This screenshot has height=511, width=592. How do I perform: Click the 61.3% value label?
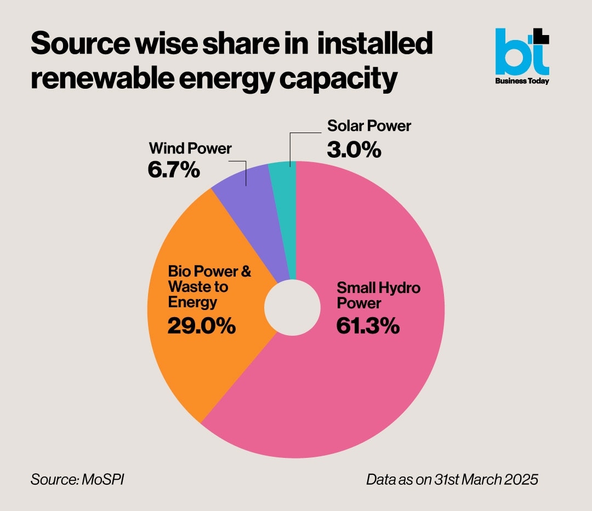click(367, 326)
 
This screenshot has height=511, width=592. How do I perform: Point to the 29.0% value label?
click(201, 326)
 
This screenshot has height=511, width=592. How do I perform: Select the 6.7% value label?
click(173, 170)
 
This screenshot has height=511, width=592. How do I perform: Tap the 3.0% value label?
click(354, 150)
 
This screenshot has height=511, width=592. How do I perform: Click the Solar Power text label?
click(369, 126)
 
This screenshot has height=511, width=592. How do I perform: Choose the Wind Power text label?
click(190, 148)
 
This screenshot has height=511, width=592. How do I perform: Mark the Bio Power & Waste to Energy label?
click(209, 286)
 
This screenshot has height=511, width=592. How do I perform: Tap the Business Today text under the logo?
click(522, 81)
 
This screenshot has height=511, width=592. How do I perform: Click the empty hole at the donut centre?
click(292, 308)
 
